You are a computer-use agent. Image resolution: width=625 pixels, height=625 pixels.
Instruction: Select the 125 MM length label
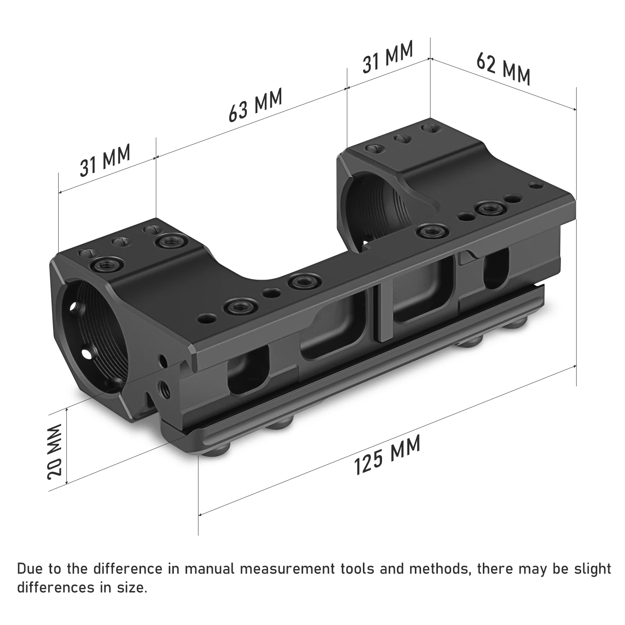pos(387,455)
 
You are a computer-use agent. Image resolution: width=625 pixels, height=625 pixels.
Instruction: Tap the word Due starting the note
pos(29,569)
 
